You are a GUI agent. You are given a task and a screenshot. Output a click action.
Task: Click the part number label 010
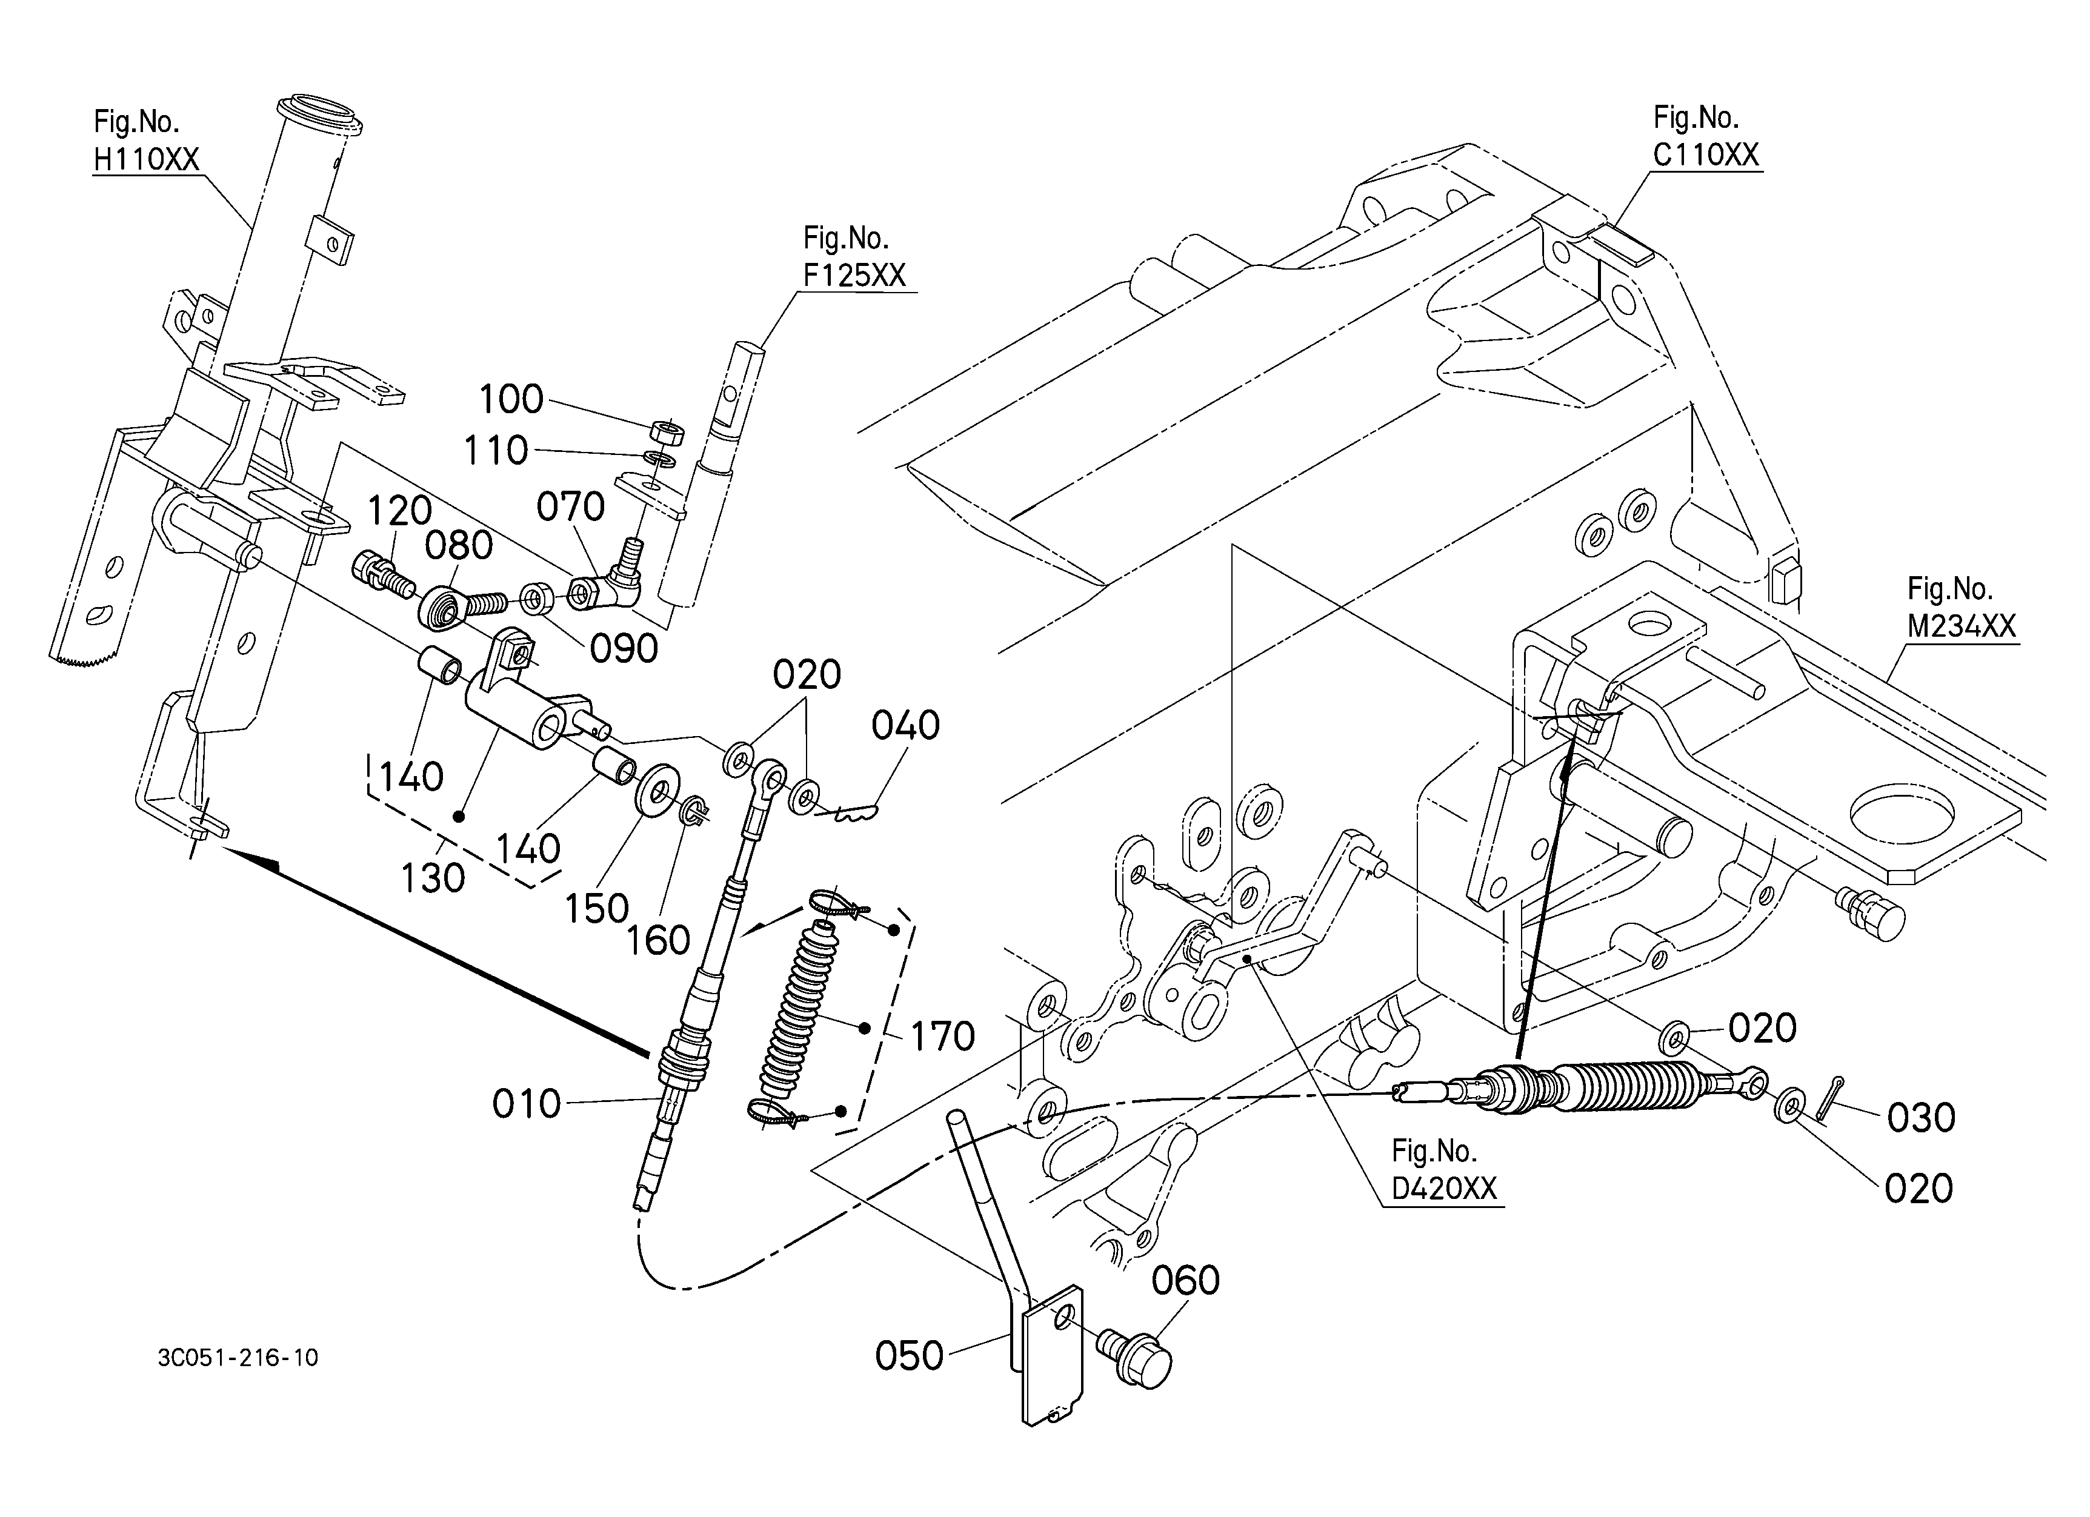pos(526,1103)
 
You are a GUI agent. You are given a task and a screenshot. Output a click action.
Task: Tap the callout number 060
pos(1186,1280)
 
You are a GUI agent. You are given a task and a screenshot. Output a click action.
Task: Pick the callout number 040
pos(906,726)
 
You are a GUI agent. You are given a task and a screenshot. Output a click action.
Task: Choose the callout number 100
pos(511,400)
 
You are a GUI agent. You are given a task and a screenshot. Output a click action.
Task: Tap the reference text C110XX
pos(1706,154)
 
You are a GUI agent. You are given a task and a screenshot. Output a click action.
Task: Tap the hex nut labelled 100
pos(667,431)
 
